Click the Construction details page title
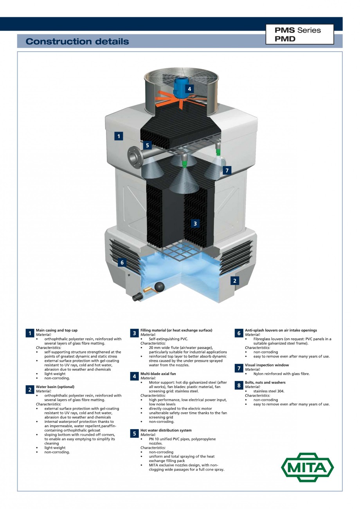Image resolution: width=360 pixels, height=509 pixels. point(77,42)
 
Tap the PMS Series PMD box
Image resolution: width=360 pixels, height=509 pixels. point(299,34)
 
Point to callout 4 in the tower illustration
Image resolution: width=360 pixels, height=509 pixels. point(189,89)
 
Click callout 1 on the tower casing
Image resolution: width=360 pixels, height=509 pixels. point(119,136)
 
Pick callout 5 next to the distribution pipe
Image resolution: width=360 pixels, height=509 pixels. point(147,145)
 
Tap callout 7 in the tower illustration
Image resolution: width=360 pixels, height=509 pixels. point(227,170)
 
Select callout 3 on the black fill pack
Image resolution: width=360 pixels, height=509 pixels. point(195,224)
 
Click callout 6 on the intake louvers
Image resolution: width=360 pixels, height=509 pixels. point(122,262)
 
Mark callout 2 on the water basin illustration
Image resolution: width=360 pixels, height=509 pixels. point(234,280)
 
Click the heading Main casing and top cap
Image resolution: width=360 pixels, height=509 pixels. point(57,330)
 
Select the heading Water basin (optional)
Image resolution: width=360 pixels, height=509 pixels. point(55,386)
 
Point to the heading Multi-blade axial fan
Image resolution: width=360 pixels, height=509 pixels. point(158,374)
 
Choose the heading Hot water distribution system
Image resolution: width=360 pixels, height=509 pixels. point(166,430)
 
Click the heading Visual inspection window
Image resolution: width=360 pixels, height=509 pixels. point(267,365)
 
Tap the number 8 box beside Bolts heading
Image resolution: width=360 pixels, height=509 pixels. point(238,385)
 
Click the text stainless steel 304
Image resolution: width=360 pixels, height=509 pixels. point(269,391)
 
